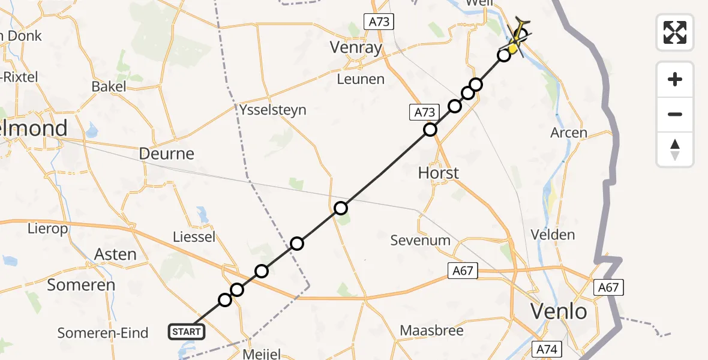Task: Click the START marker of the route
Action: point(187,331)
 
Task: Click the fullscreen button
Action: point(675,32)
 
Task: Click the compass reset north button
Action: point(675,149)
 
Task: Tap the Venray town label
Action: point(356,48)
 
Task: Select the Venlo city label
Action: point(559,311)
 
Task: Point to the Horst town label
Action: point(438,173)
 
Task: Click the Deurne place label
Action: point(167,154)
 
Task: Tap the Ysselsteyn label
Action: point(272,110)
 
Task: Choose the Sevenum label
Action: point(420,241)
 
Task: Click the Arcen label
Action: point(569,133)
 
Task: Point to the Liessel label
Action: point(194,237)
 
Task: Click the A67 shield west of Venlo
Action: point(463,271)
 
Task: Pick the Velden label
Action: point(553,235)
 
